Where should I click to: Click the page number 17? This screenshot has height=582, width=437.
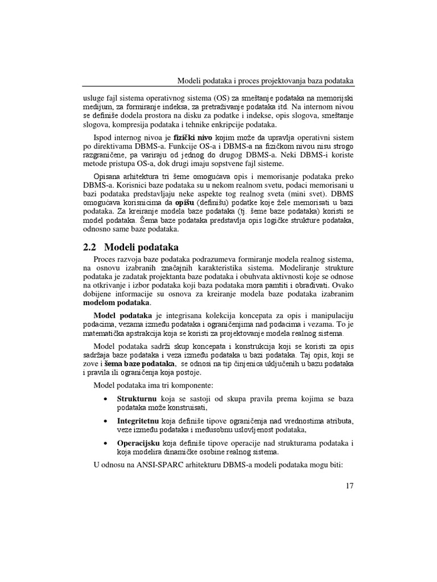tap(349, 486)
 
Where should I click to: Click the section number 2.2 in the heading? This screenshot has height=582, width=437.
tap(90, 247)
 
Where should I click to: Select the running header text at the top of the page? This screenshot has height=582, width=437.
tap(266, 80)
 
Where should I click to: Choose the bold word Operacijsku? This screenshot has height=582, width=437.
tap(138, 443)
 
